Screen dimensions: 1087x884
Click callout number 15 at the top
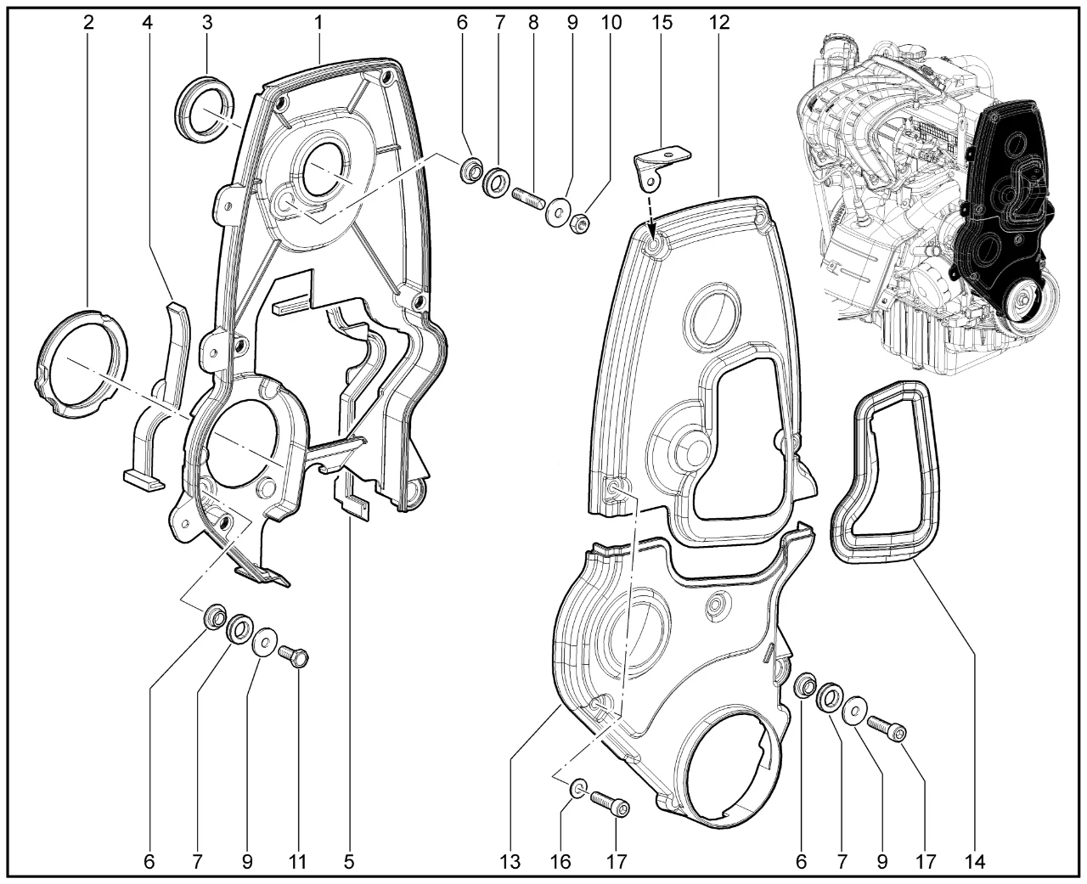[662, 22]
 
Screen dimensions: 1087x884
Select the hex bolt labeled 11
[295, 656]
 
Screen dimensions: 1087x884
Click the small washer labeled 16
[578, 787]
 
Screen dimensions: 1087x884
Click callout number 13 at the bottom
[510, 862]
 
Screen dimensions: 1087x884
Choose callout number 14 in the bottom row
[974, 862]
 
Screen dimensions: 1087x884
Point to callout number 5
[348, 862]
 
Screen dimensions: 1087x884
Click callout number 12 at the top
[719, 22]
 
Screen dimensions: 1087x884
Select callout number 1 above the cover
[318, 22]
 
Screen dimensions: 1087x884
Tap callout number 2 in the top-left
[88, 22]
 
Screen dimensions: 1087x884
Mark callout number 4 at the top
[148, 22]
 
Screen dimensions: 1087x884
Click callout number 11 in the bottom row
[297, 862]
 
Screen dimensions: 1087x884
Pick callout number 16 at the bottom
[560, 862]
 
